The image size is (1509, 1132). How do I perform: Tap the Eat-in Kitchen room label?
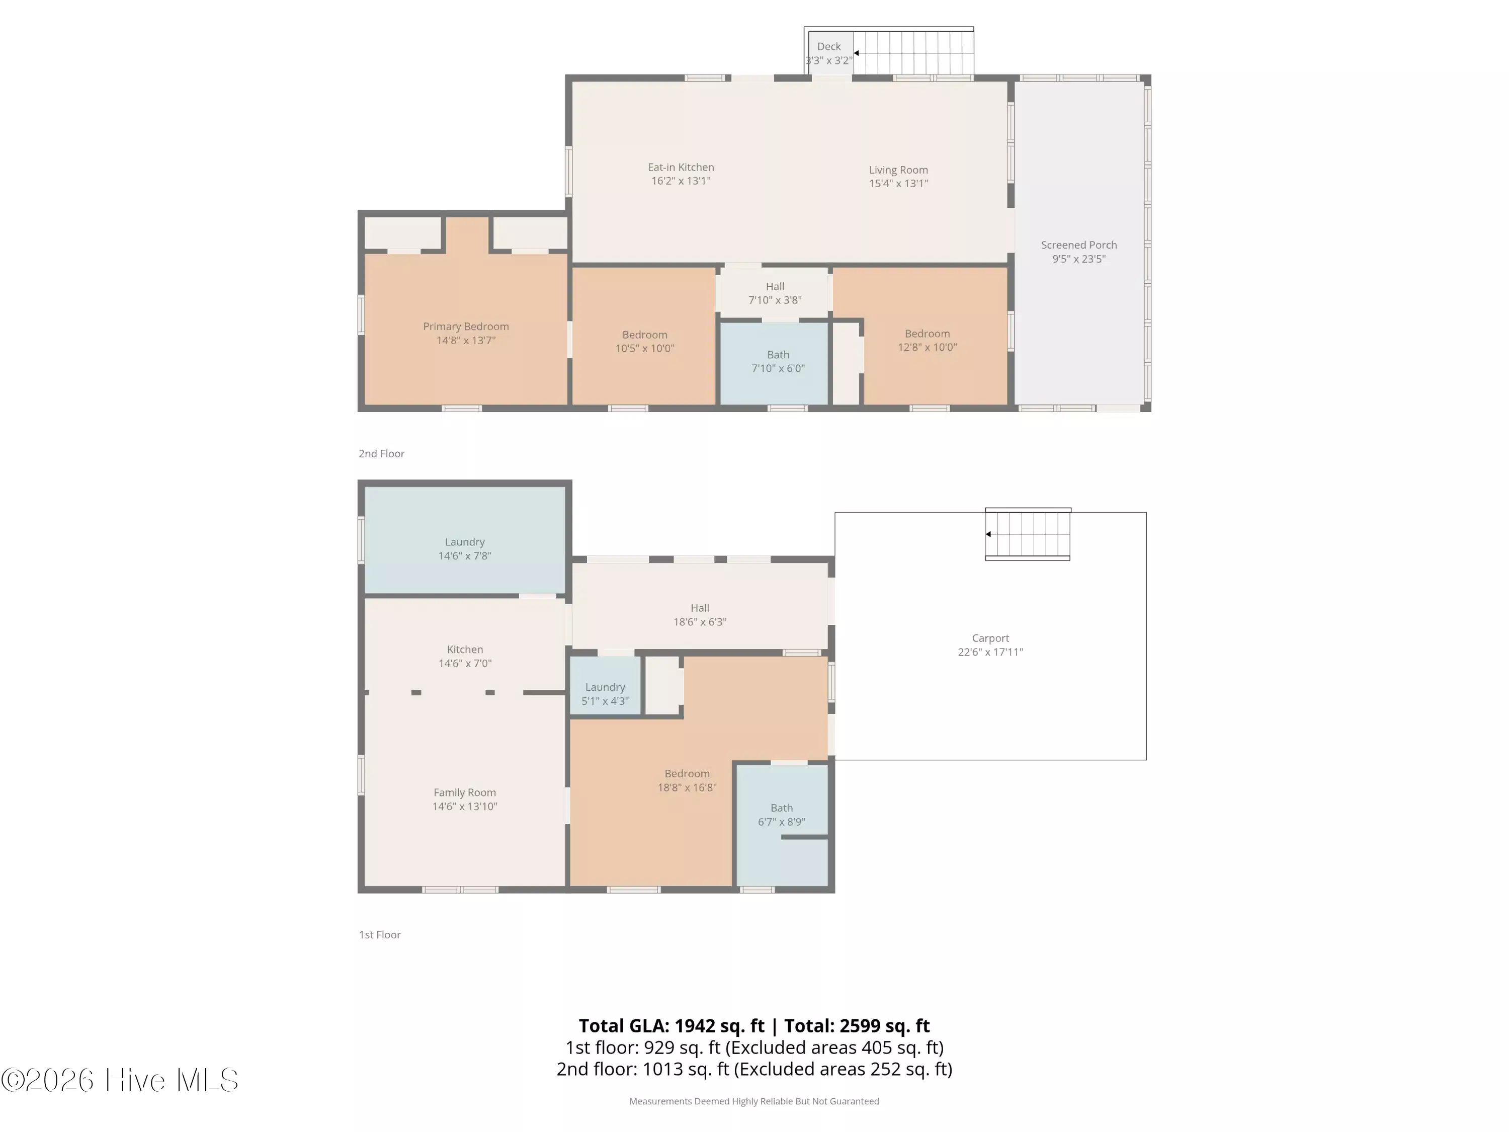(681, 167)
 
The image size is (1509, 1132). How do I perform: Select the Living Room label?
(898, 170)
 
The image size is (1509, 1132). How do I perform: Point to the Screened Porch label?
(1078, 245)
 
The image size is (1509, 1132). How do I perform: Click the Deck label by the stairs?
(829, 46)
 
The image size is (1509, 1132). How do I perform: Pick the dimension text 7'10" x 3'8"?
(775, 300)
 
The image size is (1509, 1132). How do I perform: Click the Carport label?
(990, 638)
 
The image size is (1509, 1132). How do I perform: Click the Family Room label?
(465, 793)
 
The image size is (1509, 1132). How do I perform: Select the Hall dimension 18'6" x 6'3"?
(700, 622)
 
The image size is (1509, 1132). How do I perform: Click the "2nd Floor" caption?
(381, 454)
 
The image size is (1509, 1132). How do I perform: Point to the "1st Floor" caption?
(380, 935)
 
